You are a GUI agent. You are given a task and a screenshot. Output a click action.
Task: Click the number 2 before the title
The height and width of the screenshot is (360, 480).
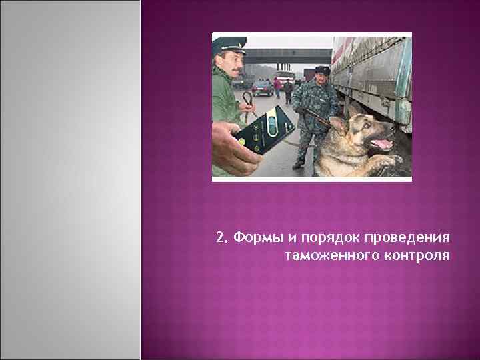tap(221, 239)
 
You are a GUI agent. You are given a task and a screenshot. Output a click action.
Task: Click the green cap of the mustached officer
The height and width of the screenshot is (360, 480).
tap(229, 45)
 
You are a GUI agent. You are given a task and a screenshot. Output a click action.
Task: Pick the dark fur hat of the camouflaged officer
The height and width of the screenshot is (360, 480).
tap(322, 70)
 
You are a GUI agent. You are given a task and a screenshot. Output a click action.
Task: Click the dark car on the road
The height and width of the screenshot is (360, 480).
tap(262, 87)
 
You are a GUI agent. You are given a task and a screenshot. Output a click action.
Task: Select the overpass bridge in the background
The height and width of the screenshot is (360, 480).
tap(287, 56)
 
